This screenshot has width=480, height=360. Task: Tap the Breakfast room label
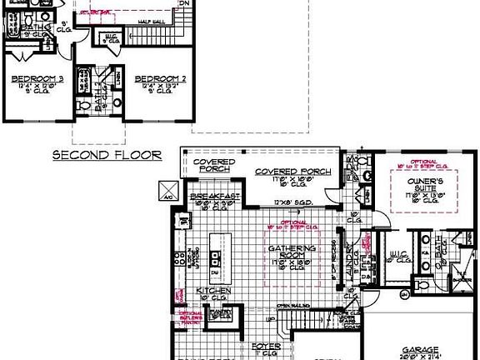pyautogui.click(x=215, y=194)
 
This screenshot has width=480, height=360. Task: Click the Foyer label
pyautogui.click(x=267, y=344)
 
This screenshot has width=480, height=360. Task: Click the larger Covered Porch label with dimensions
pyautogui.click(x=292, y=172)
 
